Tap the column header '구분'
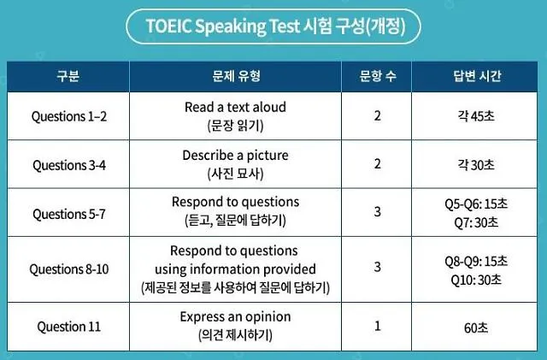coord(68,76)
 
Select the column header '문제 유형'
coord(235,76)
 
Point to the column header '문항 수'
coord(378,76)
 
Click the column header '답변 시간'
coord(477,76)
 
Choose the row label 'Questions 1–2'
coord(68,115)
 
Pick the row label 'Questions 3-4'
coord(68,164)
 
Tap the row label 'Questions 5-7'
coord(68,212)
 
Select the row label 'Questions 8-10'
coord(68,269)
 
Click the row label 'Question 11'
coord(68,326)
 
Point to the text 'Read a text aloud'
coord(235,107)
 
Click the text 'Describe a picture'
coord(235,156)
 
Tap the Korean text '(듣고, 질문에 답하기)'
coord(235,221)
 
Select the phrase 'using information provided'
coord(235,269)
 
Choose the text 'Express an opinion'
coord(235,317)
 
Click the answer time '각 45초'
coord(477,115)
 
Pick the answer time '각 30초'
coord(477,164)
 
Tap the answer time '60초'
coord(477,326)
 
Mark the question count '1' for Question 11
coord(378,326)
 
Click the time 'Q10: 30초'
coord(477,278)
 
